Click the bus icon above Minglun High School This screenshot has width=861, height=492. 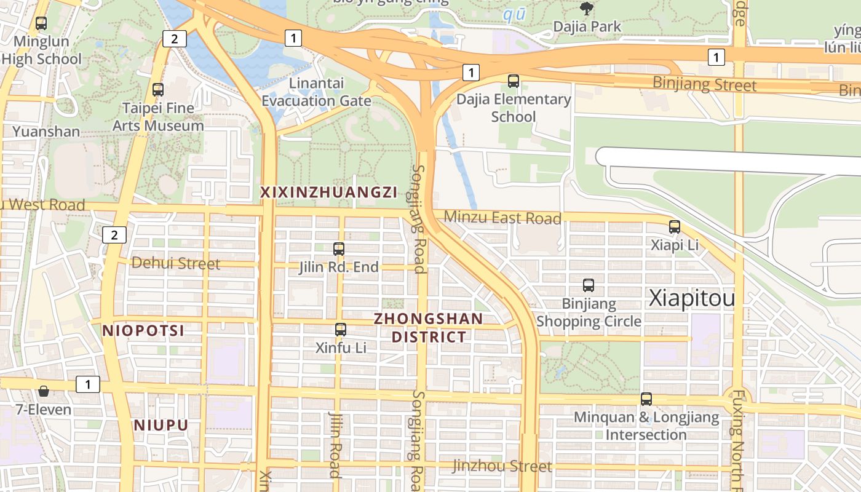[x=41, y=24]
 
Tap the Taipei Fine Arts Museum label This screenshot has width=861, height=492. [x=158, y=117]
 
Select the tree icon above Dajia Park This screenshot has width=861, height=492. [x=587, y=9]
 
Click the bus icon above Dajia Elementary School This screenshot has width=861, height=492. [x=514, y=81]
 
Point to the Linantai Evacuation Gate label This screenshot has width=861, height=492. [x=316, y=92]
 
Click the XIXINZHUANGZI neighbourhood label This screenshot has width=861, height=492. [x=328, y=192]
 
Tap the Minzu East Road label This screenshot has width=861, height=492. [x=502, y=218]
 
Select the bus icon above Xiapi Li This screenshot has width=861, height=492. [x=675, y=227]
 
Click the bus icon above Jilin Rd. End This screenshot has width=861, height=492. [x=339, y=249]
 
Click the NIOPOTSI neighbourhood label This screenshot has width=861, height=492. [x=143, y=331]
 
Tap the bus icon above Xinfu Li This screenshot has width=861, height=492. [x=341, y=330]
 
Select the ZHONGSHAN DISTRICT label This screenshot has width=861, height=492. [x=429, y=328]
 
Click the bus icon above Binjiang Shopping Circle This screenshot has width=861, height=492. [x=589, y=285]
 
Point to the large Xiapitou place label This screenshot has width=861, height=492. [x=692, y=299]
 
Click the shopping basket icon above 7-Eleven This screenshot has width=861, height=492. [x=44, y=391]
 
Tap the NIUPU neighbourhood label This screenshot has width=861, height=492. [x=161, y=426]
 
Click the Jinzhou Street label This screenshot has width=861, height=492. [x=502, y=466]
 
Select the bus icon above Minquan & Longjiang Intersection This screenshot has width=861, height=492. [x=646, y=399]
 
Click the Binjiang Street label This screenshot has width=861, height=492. [x=704, y=84]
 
